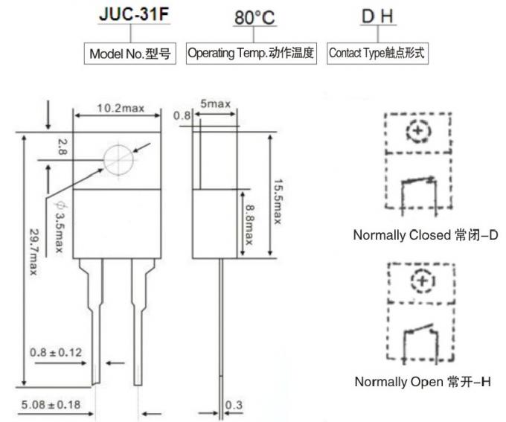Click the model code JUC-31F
click(x=132, y=16)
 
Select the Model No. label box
click(x=132, y=54)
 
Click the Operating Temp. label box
click(x=252, y=54)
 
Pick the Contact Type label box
click(x=378, y=54)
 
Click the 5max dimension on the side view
click(x=215, y=103)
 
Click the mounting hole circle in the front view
click(x=119, y=159)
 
